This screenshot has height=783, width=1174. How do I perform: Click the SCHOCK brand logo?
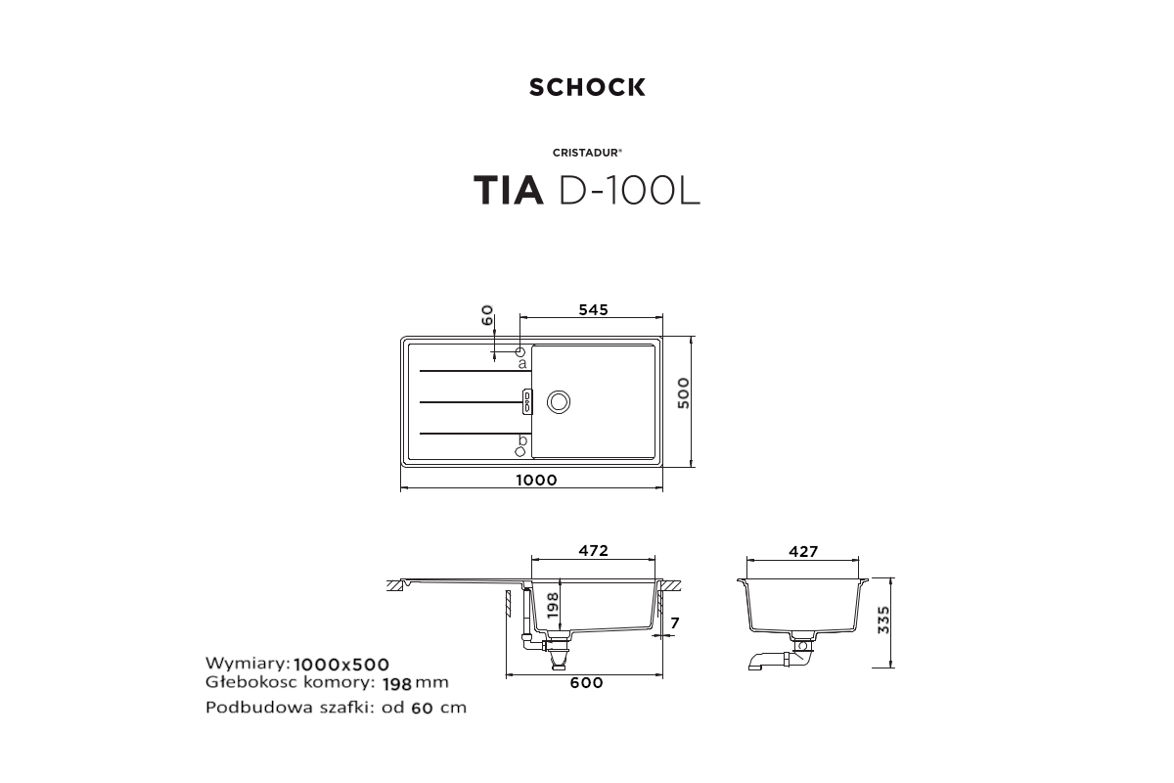587,87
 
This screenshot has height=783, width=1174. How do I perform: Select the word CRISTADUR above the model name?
586,153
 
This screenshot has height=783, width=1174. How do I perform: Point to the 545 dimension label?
593,310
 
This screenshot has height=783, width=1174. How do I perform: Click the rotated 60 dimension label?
487,315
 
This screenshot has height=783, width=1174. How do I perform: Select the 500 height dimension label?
684,392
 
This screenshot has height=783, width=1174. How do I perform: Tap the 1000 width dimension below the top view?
536,480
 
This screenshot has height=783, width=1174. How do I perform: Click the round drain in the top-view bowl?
559,401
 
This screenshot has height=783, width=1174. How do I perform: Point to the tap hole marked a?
519,351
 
